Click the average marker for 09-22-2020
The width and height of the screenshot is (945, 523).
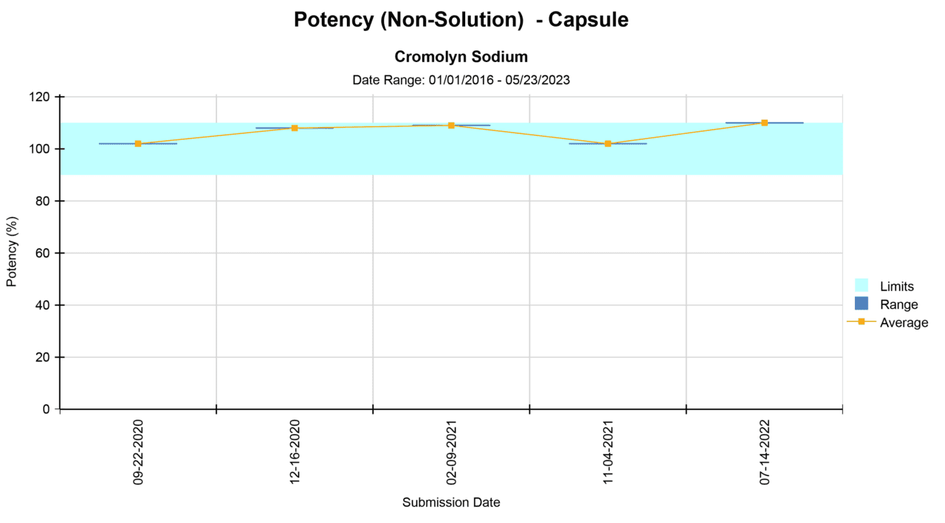[138, 143]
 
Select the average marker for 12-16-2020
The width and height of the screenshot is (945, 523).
[295, 128]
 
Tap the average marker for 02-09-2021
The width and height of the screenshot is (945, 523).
[451, 126]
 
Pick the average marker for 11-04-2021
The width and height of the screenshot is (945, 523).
[608, 143]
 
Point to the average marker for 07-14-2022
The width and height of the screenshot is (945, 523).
[764, 123]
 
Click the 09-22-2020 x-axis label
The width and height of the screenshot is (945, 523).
[138, 452]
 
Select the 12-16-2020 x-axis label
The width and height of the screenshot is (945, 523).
[295, 452]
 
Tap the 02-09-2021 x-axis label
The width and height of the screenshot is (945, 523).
[451, 452]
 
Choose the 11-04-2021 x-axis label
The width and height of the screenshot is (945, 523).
[608, 452]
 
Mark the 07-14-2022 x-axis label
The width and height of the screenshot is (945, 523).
[764, 452]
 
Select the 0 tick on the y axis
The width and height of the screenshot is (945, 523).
[47, 409]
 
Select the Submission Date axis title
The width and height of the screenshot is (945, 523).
[451, 502]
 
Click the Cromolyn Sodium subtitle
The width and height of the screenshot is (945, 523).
[461, 57]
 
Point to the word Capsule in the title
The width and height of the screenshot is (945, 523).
[591, 20]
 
